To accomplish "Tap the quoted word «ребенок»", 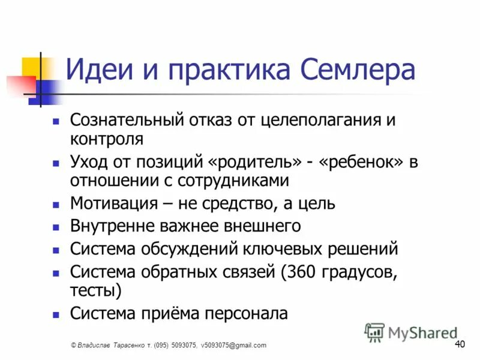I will (363, 162).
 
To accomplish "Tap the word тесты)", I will (96, 291).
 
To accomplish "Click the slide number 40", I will (460, 344).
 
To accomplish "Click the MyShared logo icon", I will (375, 332).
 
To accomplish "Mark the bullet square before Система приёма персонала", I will (56, 314).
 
